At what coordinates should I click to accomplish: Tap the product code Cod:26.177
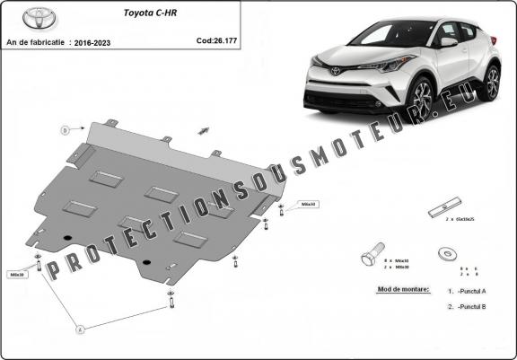(x=216, y=40)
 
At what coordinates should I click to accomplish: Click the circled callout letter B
(x=66, y=129)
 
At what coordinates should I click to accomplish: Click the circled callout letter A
(x=79, y=329)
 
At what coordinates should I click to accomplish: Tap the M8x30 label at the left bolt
(x=17, y=274)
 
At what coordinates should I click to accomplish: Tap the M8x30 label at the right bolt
(x=308, y=205)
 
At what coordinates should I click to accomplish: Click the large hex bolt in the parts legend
(x=372, y=256)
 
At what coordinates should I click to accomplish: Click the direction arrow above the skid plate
(x=204, y=130)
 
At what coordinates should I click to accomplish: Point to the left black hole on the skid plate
(x=68, y=236)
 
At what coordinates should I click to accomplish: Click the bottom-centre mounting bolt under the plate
(x=171, y=302)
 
